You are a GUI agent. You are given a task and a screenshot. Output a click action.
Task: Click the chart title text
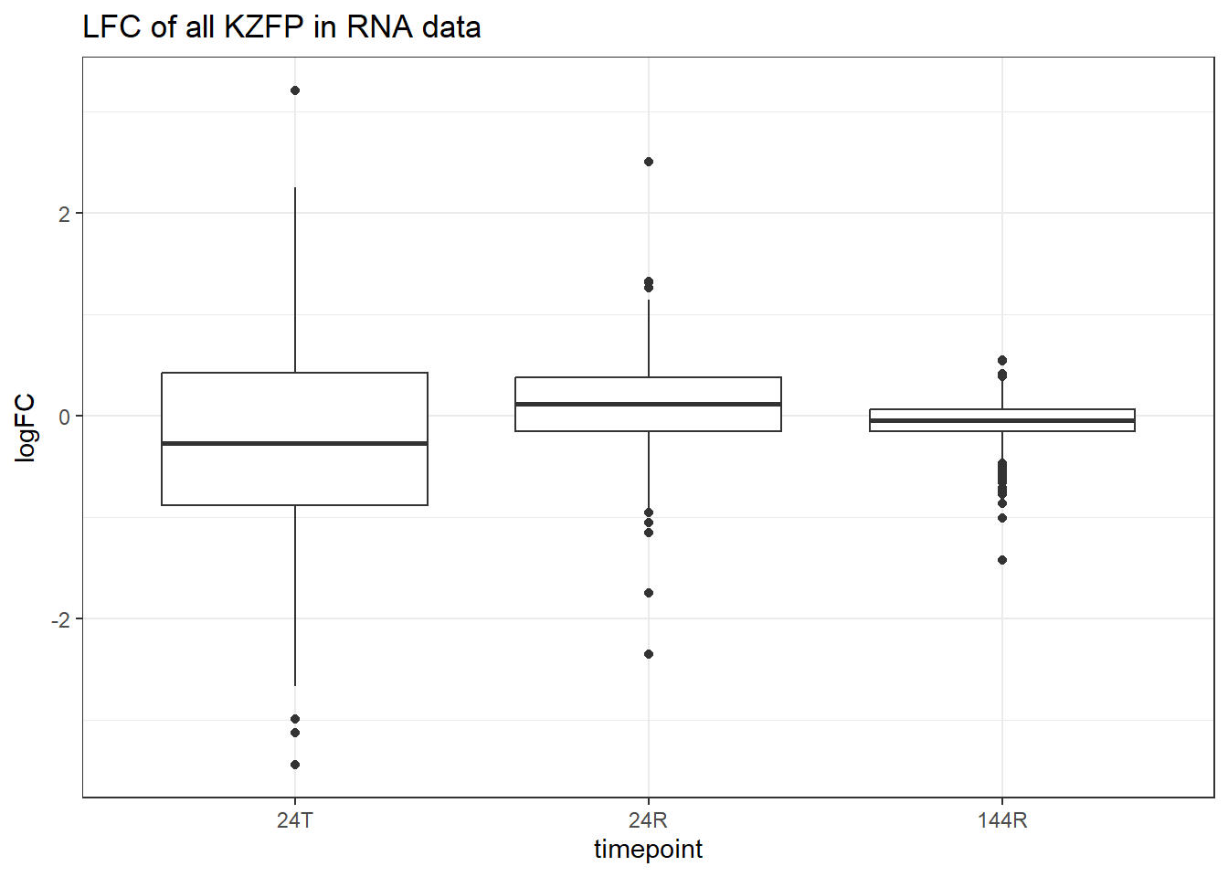coord(281,27)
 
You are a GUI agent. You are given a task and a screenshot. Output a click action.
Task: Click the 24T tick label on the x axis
coord(294,820)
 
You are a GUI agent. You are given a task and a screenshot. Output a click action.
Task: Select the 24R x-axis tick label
coord(649,820)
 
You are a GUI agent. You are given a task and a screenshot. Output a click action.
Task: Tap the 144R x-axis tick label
coord(1002,820)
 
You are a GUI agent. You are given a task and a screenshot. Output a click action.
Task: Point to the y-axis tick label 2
coord(64,214)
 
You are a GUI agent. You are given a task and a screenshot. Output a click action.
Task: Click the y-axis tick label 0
coord(64,417)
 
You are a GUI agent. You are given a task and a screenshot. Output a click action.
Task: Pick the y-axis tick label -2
coord(60,620)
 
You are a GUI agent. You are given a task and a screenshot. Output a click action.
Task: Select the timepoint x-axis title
coord(649,850)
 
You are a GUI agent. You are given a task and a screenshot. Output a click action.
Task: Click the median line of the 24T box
coord(294,443)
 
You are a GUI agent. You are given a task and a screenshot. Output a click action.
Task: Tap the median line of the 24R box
coord(649,404)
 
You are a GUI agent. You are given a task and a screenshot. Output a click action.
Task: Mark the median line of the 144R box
coord(1002,420)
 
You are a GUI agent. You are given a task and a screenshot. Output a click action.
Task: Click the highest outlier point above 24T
coord(295,90)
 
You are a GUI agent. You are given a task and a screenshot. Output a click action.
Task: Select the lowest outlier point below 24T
coord(295,765)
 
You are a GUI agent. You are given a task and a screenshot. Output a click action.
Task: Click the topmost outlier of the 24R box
coord(649,162)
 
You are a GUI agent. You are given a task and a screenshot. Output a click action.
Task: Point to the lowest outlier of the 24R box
coord(649,654)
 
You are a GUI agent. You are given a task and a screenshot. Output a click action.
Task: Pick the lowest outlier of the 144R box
coord(1002,560)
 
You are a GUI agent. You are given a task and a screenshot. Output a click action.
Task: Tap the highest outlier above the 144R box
coord(1002,360)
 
